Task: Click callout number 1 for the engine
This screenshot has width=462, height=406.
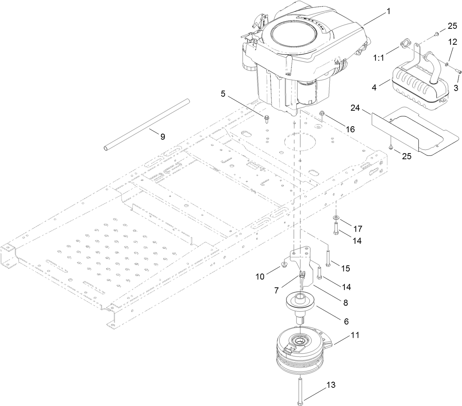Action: click(x=388, y=12)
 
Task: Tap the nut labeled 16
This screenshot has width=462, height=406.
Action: click(x=323, y=113)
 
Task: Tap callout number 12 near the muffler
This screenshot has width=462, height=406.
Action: click(x=452, y=42)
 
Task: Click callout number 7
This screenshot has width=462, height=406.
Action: click(x=282, y=291)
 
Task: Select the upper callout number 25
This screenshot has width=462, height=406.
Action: click(x=452, y=26)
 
